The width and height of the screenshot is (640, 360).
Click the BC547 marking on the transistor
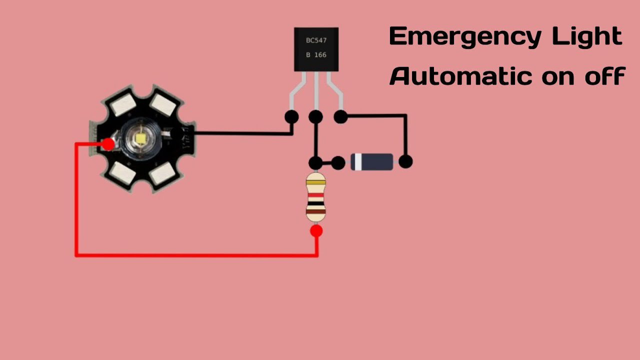coord(316,40)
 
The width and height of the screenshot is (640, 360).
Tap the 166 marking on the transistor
coord(320,55)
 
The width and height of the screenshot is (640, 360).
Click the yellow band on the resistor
coord(315,183)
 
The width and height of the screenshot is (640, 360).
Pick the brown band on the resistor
coord(315,212)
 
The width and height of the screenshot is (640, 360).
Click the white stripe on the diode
coord(357,162)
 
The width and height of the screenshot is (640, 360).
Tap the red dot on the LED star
coord(108,144)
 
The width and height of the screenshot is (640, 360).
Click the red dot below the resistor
coord(316,231)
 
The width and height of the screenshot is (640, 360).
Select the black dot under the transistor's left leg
coord(291,117)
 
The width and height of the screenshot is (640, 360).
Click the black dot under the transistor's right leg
coord(340,117)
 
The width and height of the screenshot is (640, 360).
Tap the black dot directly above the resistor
coord(315,162)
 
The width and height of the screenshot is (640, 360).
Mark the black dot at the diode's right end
coord(405,162)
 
